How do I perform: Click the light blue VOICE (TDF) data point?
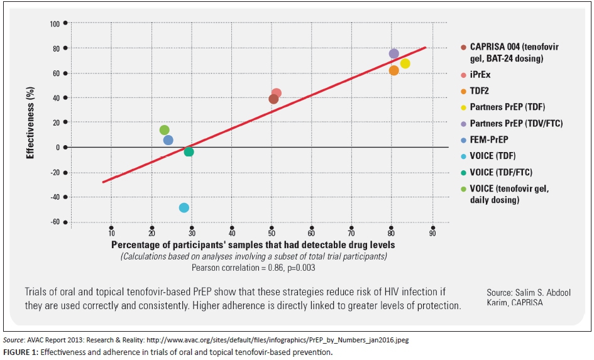(x=184, y=208)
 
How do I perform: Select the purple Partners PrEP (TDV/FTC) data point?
(x=394, y=54)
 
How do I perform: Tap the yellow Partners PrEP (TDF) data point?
(x=405, y=63)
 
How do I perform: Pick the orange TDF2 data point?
(x=394, y=70)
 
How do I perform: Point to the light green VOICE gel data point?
(x=165, y=130)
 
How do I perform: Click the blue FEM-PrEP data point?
(x=168, y=140)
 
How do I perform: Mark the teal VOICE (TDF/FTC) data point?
(x=189, y=151)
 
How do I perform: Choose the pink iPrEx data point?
(x=277, y=93)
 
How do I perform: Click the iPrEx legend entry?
(x=481, y=75)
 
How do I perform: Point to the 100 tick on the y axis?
(x=55, y=24)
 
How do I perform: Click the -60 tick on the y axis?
(x=55, y=222)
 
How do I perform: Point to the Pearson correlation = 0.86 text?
(x=253, y=267)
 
